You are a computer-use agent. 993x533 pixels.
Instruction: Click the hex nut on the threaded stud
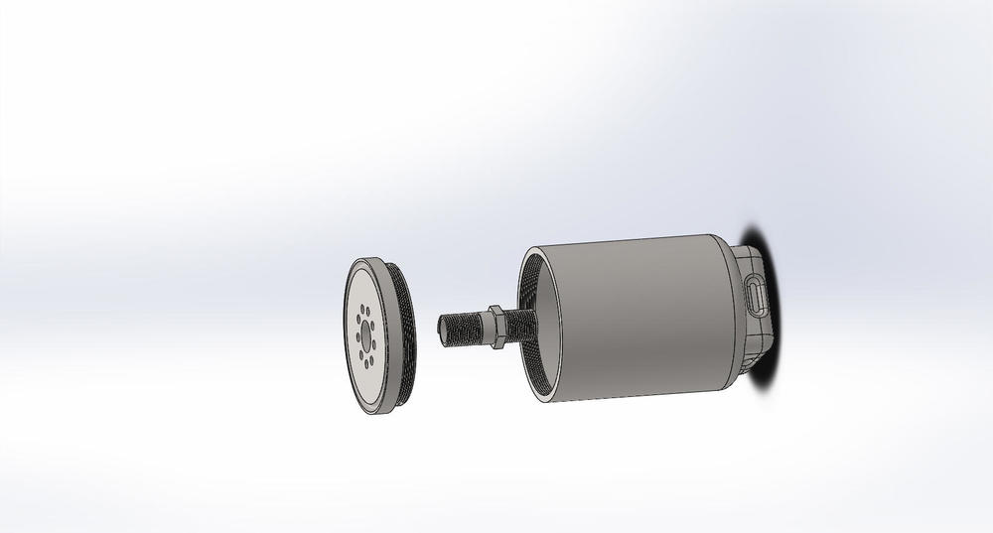pos(494,327)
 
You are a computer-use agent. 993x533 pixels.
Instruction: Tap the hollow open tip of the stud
pos(442,327)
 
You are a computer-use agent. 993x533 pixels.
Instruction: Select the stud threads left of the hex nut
pos(465,327)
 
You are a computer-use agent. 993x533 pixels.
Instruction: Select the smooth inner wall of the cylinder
pos(543,298)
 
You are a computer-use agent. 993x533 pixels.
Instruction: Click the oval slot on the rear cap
pos(756,296)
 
